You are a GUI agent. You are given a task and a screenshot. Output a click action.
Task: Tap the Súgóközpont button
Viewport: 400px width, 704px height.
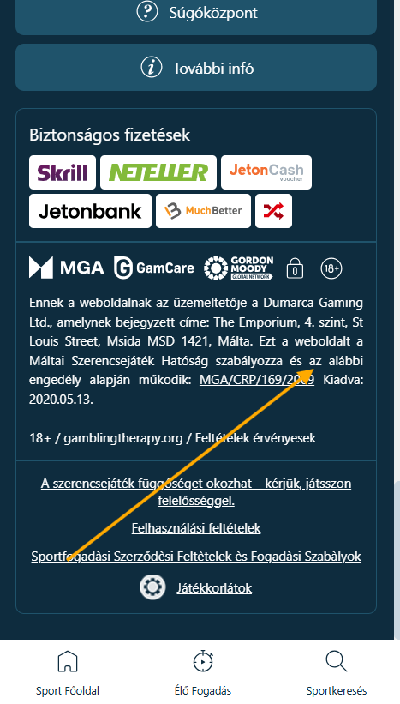196,14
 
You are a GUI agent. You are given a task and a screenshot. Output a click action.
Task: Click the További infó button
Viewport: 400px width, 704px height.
196,68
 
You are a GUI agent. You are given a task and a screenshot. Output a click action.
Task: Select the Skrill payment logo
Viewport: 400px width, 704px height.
63,172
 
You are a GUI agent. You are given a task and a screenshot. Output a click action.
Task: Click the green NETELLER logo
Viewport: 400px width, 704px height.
158,172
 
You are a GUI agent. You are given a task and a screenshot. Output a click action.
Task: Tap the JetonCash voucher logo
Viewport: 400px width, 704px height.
266,172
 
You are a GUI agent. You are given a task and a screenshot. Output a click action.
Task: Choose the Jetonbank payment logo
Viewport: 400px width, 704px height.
90,211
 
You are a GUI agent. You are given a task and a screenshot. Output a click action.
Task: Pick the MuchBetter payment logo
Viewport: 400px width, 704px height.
203,211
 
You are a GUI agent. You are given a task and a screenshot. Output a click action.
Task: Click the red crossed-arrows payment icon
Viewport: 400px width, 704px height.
273,211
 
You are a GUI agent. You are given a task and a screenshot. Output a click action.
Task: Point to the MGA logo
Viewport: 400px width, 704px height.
66,268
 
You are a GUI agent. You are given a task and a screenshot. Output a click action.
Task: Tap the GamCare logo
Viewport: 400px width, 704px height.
154,268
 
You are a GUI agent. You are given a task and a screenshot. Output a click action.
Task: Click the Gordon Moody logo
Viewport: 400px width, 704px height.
239,268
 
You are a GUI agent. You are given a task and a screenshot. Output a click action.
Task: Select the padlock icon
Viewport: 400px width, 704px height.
295,268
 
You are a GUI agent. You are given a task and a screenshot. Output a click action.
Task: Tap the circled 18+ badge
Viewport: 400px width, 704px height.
331,268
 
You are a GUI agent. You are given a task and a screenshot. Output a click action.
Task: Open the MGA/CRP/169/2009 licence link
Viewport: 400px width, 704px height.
257,380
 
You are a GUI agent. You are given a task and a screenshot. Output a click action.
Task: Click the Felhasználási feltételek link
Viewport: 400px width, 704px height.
196,528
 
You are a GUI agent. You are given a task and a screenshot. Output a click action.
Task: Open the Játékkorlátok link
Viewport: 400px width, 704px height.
214,587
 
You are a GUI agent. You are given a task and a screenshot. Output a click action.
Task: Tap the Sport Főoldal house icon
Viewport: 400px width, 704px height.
68,661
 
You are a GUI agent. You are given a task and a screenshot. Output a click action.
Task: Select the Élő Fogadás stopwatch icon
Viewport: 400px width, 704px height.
203,661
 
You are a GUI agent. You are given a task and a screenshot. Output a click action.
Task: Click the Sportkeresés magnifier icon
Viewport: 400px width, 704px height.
337,661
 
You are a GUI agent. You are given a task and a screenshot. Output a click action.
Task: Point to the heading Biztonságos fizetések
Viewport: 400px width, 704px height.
110,135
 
